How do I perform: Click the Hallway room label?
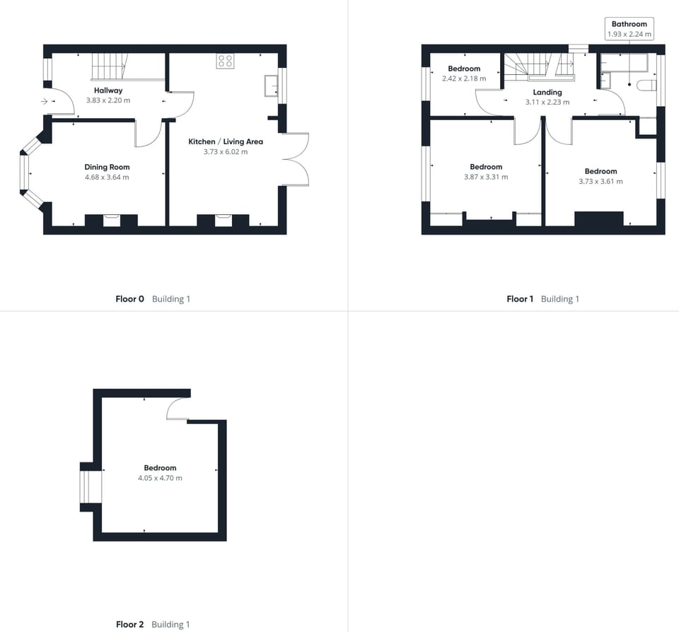(108, 90)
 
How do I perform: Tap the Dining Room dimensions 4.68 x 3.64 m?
(107, 177)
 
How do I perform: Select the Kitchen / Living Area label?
(225, 141)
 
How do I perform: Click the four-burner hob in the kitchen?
(226, 62)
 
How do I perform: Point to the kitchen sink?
(271, 86)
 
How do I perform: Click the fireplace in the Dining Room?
(111, 220)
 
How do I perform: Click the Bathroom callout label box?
(629, 29)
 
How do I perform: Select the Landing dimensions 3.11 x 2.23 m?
(547, 103)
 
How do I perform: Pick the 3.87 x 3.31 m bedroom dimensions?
(486, 177)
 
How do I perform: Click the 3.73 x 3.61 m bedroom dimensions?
(600, 182)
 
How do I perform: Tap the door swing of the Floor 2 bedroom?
(178, 409)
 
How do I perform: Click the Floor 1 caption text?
(520, 299)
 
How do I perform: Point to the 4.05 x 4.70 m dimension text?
(160, 479)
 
